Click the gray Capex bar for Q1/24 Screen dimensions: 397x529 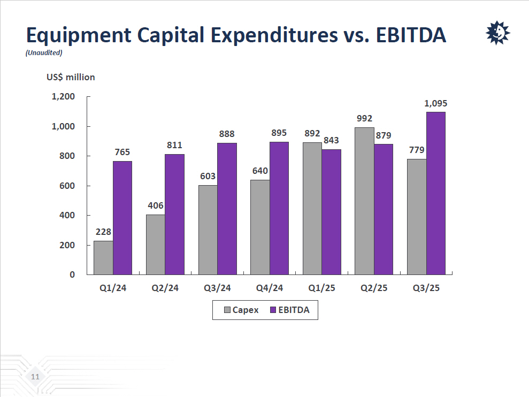pyautogui.click(x=103, y=257)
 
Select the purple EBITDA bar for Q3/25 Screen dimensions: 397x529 pyautogui.click(x=435, y=193)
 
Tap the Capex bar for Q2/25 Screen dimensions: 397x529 pyautogui.click(x=364, y=201)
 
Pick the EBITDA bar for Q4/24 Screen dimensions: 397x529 pyautogui.click(x=279, y=208)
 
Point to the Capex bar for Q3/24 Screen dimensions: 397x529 pyautogui.click(x=208, y=230)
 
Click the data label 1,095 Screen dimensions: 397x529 pyautogui.click(x=435, y=104)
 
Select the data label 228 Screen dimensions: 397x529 pyautogui.click(x=103, y=232)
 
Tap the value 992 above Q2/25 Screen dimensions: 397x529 pyautogui.click(x=364, y=119)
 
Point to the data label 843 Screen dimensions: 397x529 pyautogui.click(x=332, y=140)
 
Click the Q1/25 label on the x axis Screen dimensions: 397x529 pyautogui.click(x=322, y=288)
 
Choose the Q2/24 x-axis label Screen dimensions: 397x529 pyautogui.click(x=165, y=288)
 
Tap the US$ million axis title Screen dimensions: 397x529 pyautogui.click(x=71, y=77)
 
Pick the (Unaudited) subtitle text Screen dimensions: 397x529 pyautogui.click(x=44, y=52)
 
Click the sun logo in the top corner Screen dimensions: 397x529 pyautogui.click(x=497, y=33)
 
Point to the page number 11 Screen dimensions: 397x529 pyautogui.click(x=35, y=377)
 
